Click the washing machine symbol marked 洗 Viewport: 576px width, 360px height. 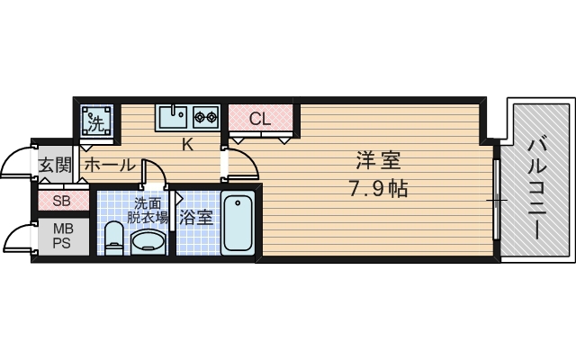point(96,120)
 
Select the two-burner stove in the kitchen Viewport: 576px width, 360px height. point(205,116)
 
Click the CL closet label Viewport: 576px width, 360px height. point(260,118)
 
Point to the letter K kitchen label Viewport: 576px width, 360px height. point(188,144)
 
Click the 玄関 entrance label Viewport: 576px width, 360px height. point(55,164)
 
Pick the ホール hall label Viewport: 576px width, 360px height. point(109,165)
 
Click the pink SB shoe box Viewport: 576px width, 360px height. point(62,201)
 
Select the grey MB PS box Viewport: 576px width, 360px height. point(62,237)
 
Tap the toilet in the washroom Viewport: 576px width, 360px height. point(113,238)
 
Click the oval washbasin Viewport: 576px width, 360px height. point(148,241)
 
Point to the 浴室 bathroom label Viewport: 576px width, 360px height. point(195,217)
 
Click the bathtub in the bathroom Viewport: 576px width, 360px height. point(238,223)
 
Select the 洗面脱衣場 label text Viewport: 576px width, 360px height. point(148,211)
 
